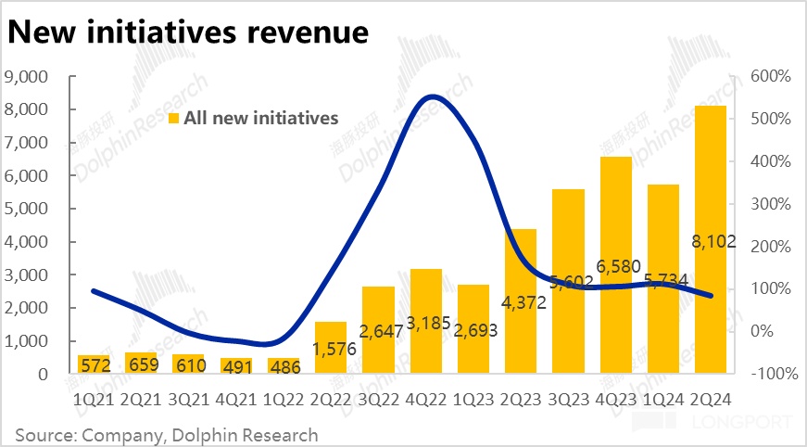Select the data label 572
tap(94, 364)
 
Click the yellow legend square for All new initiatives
tap(173, 118)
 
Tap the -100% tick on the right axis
tap(767, 374)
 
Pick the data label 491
tap(235, 365)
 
